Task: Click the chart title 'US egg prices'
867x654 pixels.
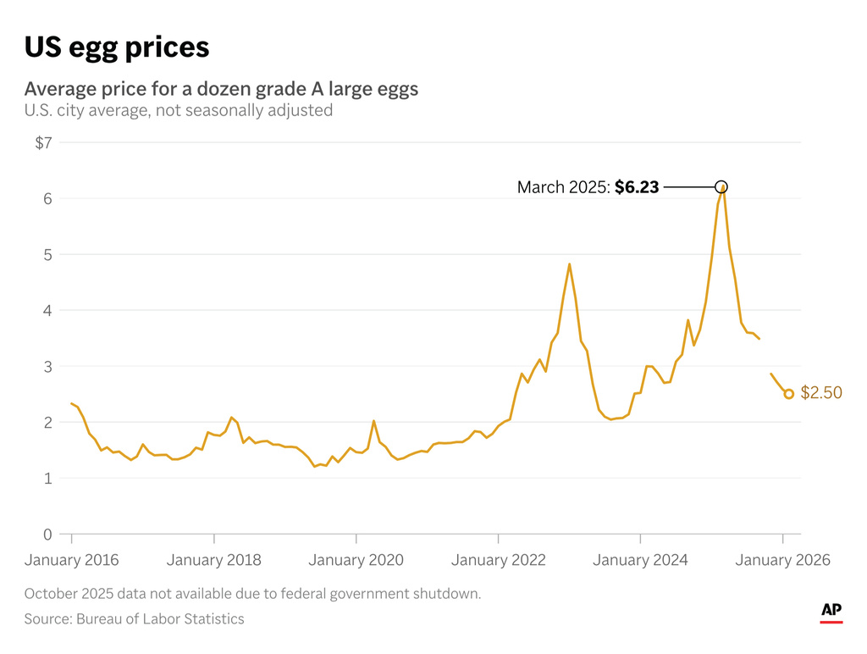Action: coord(116,47)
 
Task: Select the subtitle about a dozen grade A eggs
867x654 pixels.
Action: coord(221,89)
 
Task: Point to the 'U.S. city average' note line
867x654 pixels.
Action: coord(178,110)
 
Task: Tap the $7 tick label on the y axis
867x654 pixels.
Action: coord(43,143)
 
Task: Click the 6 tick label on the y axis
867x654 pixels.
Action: coord(47,199)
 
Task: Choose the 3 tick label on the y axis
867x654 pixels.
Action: coord(47,367)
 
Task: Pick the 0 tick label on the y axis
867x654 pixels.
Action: coord(47,535)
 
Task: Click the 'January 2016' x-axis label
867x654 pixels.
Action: coord(72,560)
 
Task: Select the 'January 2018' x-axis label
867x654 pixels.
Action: coord(214,560)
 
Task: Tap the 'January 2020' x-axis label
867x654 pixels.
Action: coord(356,560)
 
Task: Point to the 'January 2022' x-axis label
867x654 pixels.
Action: coord(499,560)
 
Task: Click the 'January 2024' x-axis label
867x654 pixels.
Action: coord(641,560)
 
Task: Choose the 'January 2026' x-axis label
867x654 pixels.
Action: coord(783,560)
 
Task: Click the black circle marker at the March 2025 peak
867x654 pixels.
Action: coord(721,186)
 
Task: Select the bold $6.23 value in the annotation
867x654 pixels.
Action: coord(637,187)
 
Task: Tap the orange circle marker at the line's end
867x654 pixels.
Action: coord(789,394)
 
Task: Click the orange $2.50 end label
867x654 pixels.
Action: coord(821,394)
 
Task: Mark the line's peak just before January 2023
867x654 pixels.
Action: coord(569,264)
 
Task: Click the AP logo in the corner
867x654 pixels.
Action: coord(831,612)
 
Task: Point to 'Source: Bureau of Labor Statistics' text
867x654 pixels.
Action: coord(134,619)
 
